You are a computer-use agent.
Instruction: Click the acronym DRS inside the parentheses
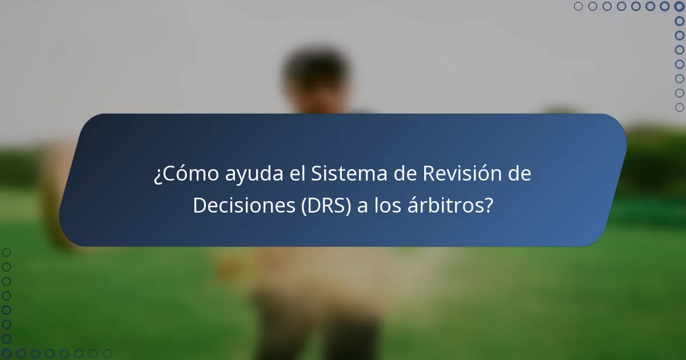tap(322, 205)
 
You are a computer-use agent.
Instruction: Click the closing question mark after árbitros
tap(488, 205)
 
